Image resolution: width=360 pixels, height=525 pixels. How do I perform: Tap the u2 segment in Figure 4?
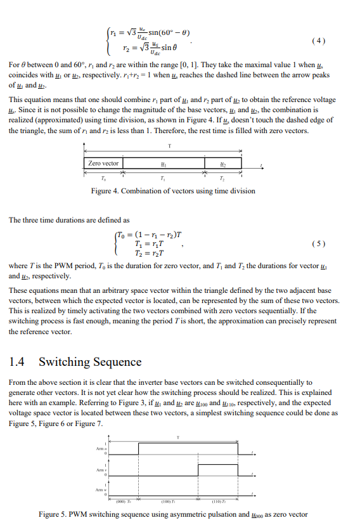(222, 164)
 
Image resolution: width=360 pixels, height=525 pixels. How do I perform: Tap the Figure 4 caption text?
(173, 191)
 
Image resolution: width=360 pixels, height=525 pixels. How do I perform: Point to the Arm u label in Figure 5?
(99, 449)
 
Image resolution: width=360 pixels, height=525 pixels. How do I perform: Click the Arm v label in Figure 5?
(99, 470)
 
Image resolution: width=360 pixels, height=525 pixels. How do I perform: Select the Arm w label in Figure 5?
(99, 491)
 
